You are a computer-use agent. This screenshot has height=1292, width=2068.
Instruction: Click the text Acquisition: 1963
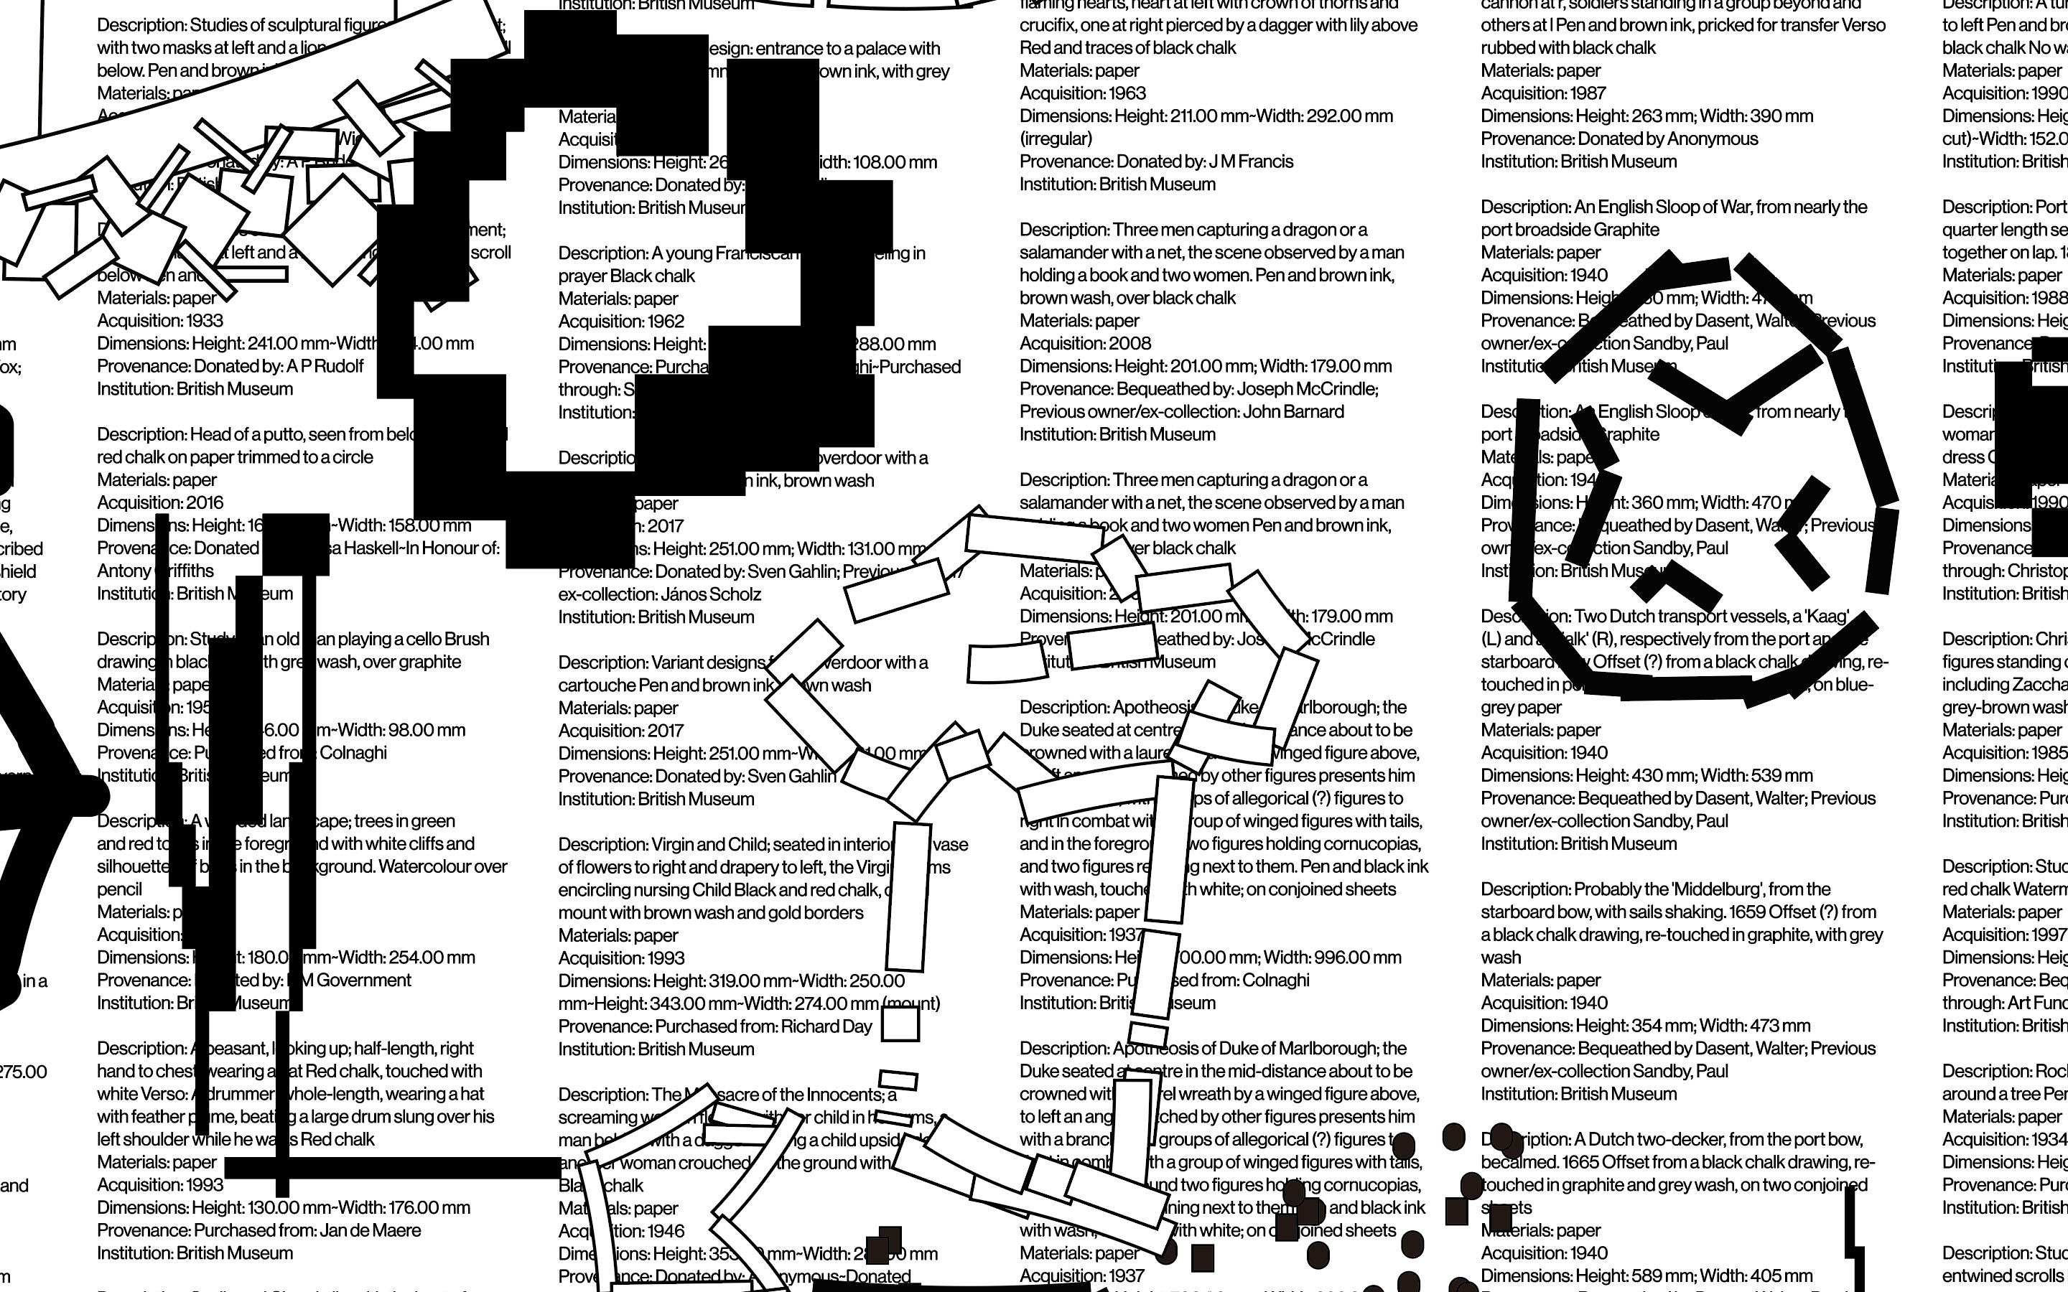tap(1082, 93)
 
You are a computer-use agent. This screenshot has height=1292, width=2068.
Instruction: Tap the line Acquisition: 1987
tap(1542, 93)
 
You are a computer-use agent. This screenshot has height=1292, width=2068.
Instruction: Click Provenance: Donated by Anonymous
tap(1618, 139)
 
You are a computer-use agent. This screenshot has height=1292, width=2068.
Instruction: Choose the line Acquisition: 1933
tap(160, 320)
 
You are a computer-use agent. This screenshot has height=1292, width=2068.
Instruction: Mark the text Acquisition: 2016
tap(160, 502)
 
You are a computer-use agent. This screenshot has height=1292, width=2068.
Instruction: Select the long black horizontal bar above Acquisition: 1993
tap(392, 1167)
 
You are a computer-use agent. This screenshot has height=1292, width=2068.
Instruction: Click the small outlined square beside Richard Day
tap(900, 1024)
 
